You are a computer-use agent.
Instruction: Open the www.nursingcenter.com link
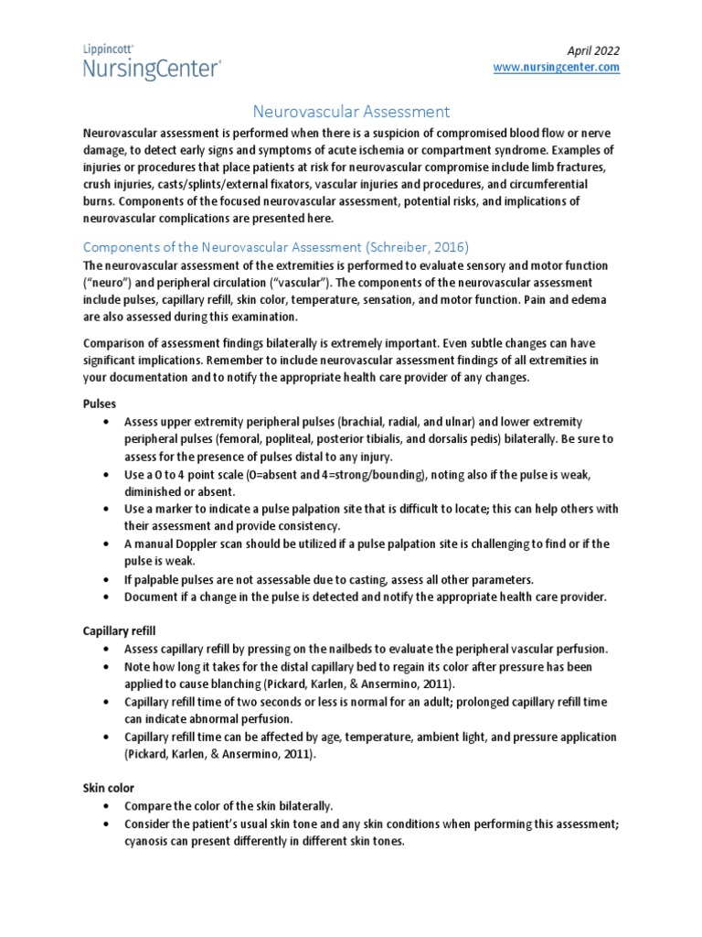tap(557, 67)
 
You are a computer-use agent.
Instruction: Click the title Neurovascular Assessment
tap(351, 112)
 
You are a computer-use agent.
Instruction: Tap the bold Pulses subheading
tap(100, 403)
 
